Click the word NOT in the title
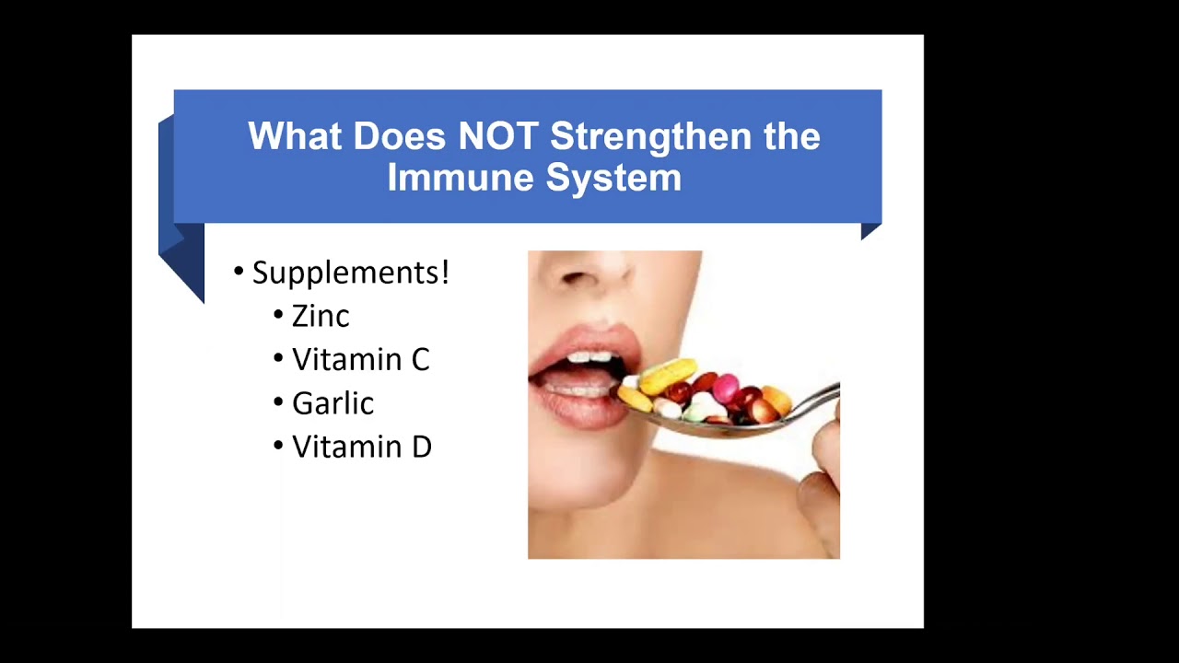click(x=498, y=136)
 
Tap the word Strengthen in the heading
click(x=650, y=137)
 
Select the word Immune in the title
click(x=461, y=178)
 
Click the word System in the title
click(x=613, y=179)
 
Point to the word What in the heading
click(x=295, y=136)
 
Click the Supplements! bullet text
click(x=351, y=273)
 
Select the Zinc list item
click(x=321, y=316)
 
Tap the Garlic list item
click(x=333, y=403)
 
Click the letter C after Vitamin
click(x=420, y=360)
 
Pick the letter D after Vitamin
click(x=421, y=447)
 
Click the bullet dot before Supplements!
click(x=239, y=272)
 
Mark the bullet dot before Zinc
click(x=278, y=315)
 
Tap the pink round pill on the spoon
click(x=726, y=388)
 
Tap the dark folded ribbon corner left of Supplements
click(x=181, y=263)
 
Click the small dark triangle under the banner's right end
click(x=870, y=230)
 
